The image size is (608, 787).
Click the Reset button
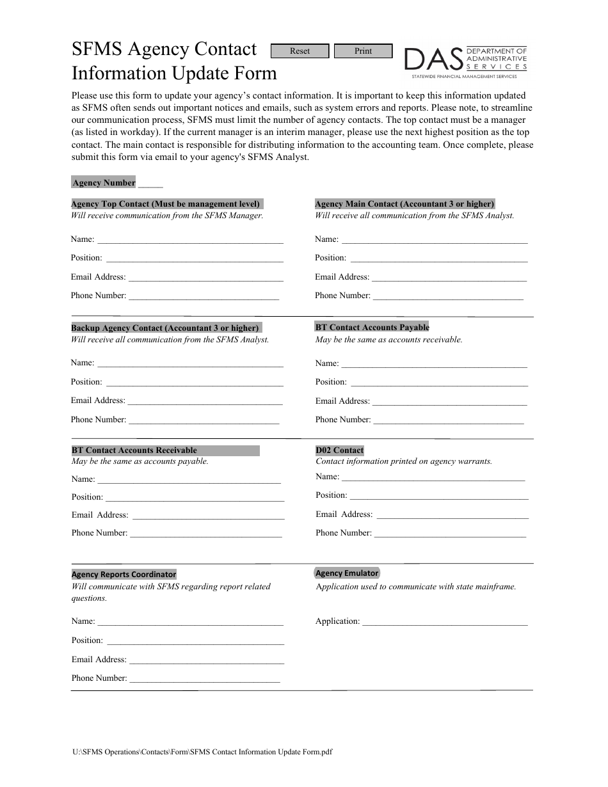[300, 51]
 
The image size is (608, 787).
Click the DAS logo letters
[433, 60]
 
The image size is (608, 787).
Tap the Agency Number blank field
[150, 183]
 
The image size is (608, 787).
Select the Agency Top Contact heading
[166, 204]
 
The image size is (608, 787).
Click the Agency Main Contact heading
[404, 204]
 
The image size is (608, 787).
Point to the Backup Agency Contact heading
[166, 328]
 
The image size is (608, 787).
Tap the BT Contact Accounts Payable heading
[372, 327]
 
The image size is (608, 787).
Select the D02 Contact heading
[339, 450]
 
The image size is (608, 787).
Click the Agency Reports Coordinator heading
[124, 575]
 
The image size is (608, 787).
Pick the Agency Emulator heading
[347, 573]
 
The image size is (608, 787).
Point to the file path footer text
[202, 752]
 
